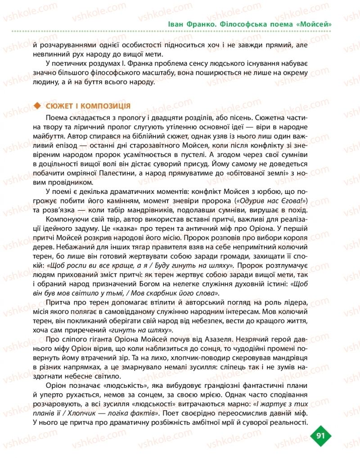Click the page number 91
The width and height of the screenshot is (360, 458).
coord(321,435)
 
